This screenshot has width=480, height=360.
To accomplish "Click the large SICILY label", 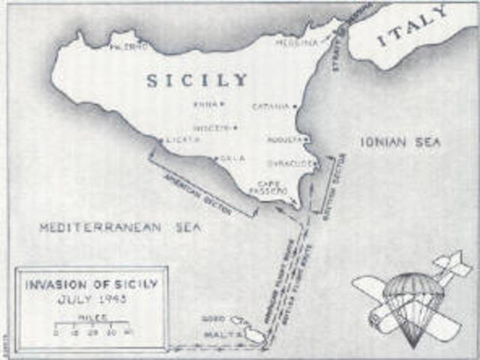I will (x=196, y=80).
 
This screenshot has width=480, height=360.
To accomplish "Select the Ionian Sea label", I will (x=400, y=142).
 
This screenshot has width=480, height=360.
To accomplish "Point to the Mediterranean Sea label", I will (x=120, y=227).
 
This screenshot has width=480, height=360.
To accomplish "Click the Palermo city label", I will (x=128, y=46).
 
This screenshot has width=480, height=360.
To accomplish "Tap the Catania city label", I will (x=271, y=106).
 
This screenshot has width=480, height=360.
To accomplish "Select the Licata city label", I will (x=182, y=140).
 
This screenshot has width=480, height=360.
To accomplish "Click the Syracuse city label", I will (x=289, y=163).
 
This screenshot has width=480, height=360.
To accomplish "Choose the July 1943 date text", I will (x=93, y=299).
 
